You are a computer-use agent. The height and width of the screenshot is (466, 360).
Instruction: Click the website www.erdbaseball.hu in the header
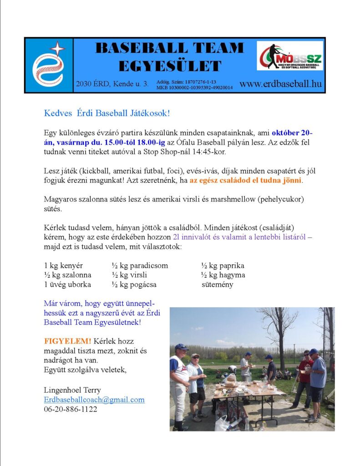[280, 84]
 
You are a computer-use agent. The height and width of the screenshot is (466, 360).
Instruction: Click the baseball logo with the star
[49, 65]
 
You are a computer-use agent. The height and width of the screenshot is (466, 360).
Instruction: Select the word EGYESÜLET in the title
[170, 66]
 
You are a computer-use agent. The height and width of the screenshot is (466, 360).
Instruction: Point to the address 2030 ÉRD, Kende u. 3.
[112, 84]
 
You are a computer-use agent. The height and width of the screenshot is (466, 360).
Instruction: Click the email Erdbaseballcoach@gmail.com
[94, 400]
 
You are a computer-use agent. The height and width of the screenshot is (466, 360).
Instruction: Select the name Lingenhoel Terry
[72, 390]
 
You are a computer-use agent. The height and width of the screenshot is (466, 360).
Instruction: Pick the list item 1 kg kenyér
[63, 265]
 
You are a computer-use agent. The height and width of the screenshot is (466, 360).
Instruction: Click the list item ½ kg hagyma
[223, 275]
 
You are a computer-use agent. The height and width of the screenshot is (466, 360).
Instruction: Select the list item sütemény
[217, 284]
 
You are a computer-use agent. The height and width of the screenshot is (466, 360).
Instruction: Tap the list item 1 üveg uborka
[67, 284]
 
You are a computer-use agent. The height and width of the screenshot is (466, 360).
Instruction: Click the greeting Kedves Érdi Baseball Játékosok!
[106, 113]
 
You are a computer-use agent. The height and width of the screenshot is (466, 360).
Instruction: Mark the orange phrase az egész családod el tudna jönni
[246, 180]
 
